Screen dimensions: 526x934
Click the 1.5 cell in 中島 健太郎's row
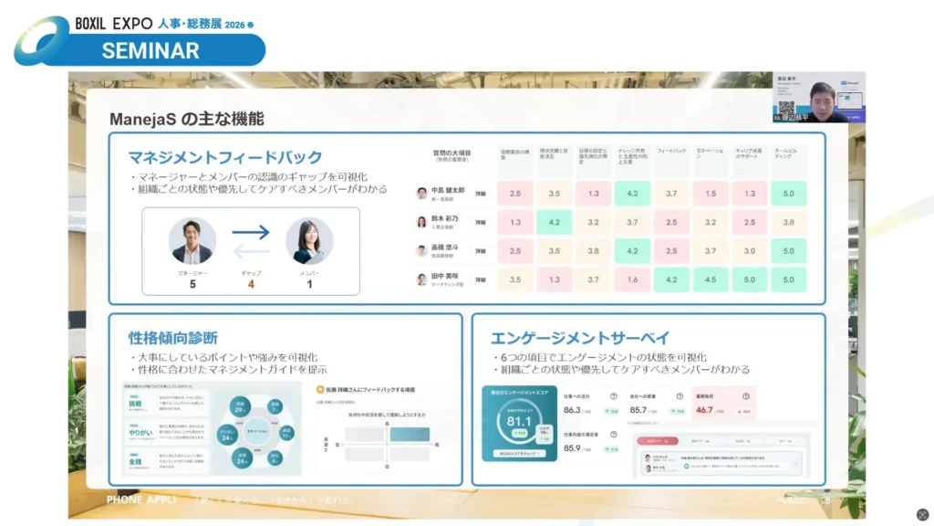[x=711, y=193]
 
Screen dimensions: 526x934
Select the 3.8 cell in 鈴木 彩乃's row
[x=789, y=222]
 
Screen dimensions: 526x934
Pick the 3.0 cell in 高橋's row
[x=750, y=251]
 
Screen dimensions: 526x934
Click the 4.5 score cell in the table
[x=711, y=279]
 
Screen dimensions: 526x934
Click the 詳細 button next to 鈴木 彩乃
[x=481, y=222]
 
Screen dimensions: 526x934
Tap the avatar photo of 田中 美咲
[x=421, y=279]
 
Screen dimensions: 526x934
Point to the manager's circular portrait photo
[x=192, y=240]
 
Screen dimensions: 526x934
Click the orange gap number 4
[x=251, y=284]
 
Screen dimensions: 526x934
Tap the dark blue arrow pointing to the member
[x=251, y=233]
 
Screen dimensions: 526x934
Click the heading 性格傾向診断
[x=173, y=337]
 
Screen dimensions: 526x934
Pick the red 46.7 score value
[x=704, y=410]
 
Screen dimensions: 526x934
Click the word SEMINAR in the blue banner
[x=150, y=51]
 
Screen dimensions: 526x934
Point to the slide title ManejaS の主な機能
[x=186, y=119]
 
